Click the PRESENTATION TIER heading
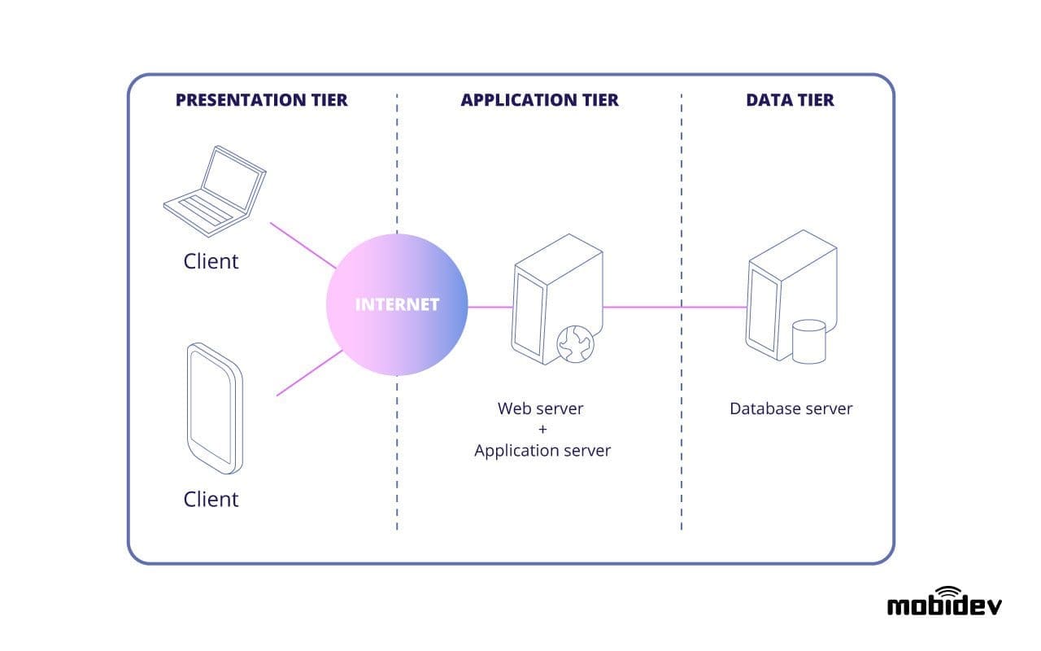(261, 100)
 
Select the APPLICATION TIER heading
(539, 100)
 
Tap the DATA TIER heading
(790, 100)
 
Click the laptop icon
(215, 192)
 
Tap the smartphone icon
(214, 408)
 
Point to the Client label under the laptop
(211, 261)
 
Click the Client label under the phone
(211, 499)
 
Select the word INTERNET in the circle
(397, 305)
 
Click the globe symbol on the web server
(575, 344)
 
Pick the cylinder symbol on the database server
(808, 341)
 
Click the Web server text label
(541, 408)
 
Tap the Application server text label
(542, 450)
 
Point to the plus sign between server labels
(542, 429)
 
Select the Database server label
(791, 409)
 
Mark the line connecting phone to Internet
(309, 374)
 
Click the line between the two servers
(675, 308)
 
